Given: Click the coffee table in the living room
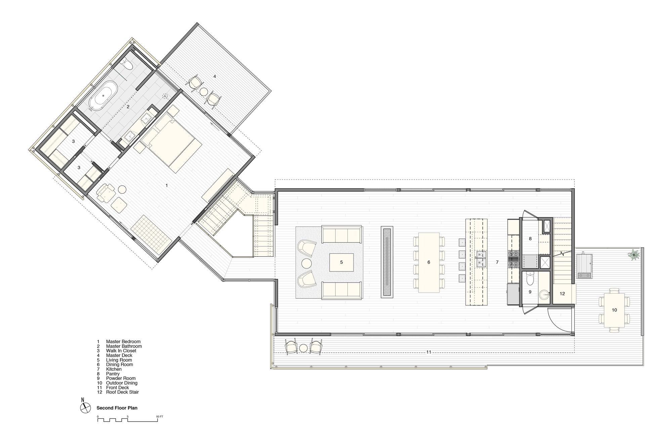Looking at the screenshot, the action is (341, 262).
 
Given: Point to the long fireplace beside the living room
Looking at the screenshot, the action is (387, 262).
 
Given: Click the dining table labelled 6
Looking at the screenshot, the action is (429, 262).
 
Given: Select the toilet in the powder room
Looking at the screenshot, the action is (530, 278).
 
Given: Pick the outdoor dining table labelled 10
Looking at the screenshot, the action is (615, 310).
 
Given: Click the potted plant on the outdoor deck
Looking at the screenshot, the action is (634, 255).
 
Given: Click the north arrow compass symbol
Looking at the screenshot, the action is (85, 408).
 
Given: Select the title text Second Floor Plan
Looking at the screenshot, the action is (117, 408).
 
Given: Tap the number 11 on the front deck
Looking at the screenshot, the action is (429, 352).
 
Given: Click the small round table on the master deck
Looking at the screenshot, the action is (204, 91).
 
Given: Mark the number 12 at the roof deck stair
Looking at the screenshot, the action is (562, 294).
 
